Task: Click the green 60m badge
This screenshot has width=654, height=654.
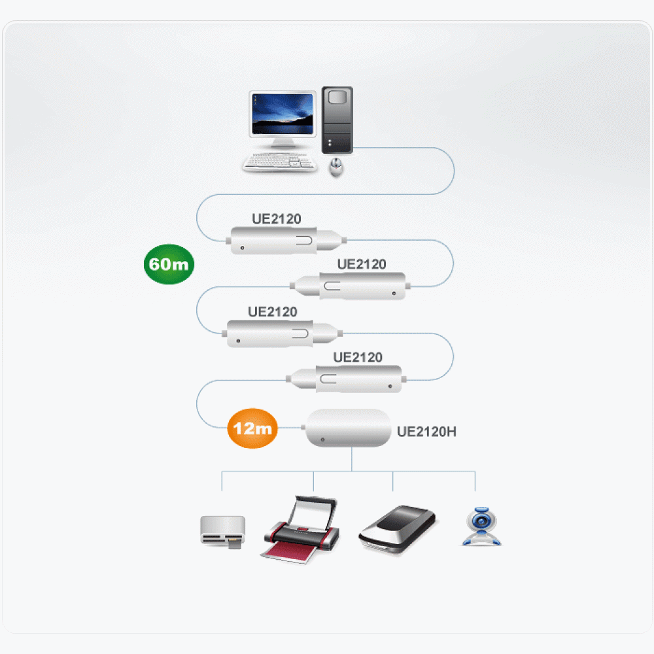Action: coord(169,264)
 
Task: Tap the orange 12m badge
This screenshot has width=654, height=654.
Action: coord(252,428)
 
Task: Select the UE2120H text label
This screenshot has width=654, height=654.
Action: coord(426,432)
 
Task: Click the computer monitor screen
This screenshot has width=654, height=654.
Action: coord(283,114)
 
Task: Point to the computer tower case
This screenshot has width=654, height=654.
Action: coord(337,120)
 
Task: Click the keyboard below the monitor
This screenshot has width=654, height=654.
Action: coord(280,162)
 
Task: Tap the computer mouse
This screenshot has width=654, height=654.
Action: coord(336,167)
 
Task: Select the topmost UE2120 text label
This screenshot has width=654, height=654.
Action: coord(277,219)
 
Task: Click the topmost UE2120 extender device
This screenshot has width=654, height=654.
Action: coord(286,241)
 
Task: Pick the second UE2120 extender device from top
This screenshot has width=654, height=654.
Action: coord(351,286)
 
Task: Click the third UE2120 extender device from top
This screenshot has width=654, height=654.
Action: coord(283,334)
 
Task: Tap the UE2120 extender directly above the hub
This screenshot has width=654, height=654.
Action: coord(346,379)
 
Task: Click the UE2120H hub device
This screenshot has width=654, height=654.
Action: coord(347,428)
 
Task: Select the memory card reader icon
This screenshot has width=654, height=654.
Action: coord(223,531)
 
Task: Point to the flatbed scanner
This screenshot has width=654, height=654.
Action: coord(398,529)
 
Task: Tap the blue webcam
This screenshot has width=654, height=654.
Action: coord(482,526)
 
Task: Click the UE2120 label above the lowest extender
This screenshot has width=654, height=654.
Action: coord(358,358)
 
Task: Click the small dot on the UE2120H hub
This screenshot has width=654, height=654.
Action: coord(322,439)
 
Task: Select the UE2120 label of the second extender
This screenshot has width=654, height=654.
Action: coord(362,264)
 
